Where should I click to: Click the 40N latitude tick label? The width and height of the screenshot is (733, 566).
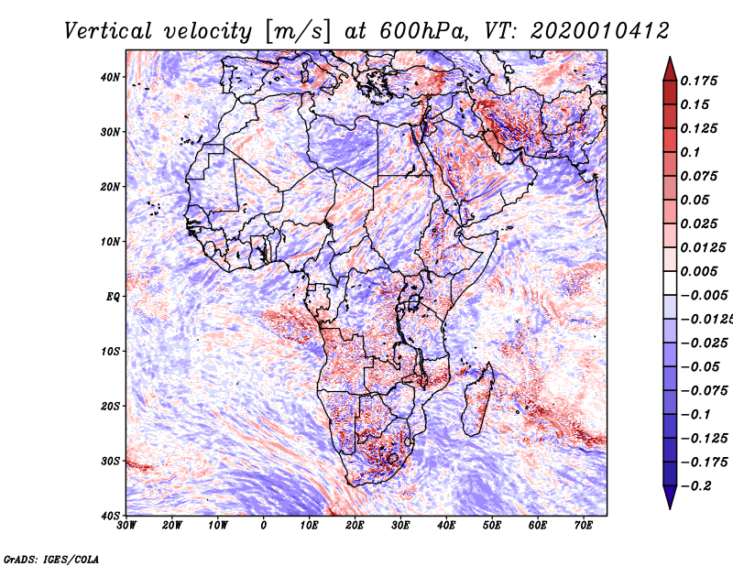[x=110, y=77]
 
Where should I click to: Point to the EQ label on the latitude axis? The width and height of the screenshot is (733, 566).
[x=113, y=297]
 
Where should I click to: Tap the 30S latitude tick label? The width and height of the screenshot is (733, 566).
[x=110, y=462]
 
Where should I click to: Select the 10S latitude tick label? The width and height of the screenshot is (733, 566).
[x=110, y=352]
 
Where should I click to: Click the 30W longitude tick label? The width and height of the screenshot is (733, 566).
[x=126, y=526]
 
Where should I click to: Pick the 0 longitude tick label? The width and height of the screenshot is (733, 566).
[x=264, y=526]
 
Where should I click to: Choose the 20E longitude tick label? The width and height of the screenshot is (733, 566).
[x=355, y=526]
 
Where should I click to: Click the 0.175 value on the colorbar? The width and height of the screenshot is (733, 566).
[x=699, y=81]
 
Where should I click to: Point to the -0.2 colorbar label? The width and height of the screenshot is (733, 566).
[x=695, y=485]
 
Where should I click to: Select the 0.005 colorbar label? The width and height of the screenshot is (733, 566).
[x=699, y=271]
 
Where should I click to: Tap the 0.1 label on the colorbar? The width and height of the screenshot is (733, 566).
[x=690, y=152]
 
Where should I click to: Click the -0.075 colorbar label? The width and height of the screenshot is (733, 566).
[x=705, y=390]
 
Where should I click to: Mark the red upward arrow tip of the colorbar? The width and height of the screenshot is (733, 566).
[x=670, y=58]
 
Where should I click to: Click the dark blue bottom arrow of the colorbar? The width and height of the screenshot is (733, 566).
[x=670, y=497]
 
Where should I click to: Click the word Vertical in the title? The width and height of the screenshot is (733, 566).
[x=108, y=31]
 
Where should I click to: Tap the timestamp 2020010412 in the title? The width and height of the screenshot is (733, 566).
[x=600, y=31]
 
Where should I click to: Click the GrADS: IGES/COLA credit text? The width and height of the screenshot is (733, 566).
[x=51, y=560]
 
